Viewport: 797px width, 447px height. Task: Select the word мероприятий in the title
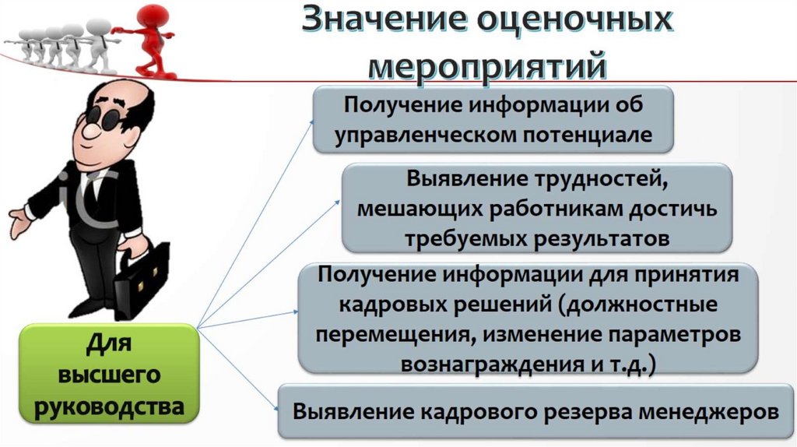(486, 64)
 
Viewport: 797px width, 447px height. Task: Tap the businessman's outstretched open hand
(19, 217)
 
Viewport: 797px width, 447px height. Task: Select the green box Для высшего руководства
(108, 375)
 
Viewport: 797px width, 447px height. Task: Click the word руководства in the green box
(108, 406)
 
